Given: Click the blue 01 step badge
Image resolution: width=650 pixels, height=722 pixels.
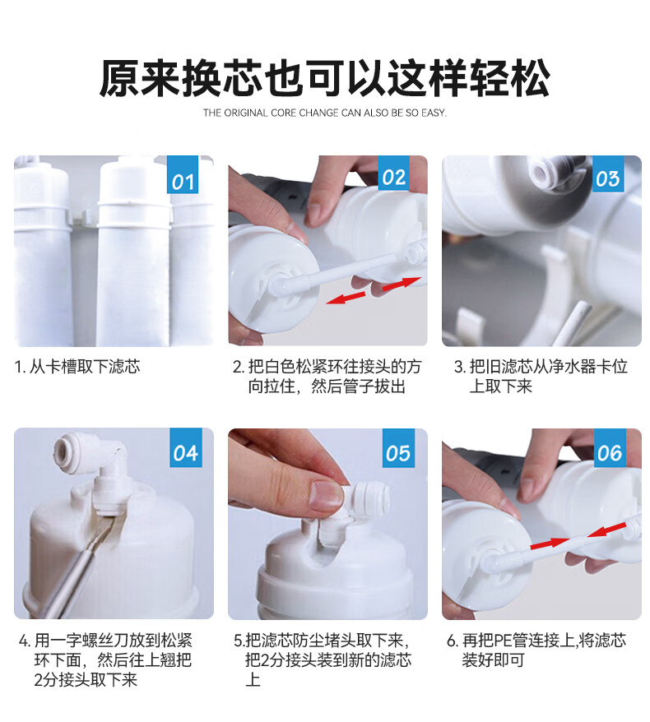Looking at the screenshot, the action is tap(183, 174).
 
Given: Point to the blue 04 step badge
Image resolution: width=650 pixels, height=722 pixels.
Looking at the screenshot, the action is tap(186, 447).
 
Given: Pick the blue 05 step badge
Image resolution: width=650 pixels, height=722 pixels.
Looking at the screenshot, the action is tap(398, 447).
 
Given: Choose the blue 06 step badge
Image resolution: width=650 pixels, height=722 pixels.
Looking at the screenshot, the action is tap(610, 447).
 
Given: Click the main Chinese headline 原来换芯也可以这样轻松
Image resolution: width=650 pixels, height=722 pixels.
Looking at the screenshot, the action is tap(325, 78).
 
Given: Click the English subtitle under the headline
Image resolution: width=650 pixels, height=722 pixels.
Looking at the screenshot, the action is tap(325, 113).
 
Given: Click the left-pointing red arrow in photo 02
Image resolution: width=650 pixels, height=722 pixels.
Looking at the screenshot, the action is tap(346, 297).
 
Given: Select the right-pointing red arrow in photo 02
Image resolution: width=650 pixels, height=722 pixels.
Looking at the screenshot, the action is tap(402, 283).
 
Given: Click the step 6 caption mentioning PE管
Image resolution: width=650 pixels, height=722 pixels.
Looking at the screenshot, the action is tap(536, 650).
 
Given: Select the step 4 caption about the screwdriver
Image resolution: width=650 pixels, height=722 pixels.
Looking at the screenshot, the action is tap(105, 660).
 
